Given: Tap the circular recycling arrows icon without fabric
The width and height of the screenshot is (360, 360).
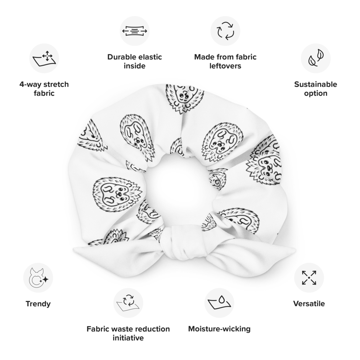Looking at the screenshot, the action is pyautogui.click(x=222, y=29).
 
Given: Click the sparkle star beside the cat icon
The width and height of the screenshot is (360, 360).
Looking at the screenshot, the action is pyautogui.click(x=45, y=279).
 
